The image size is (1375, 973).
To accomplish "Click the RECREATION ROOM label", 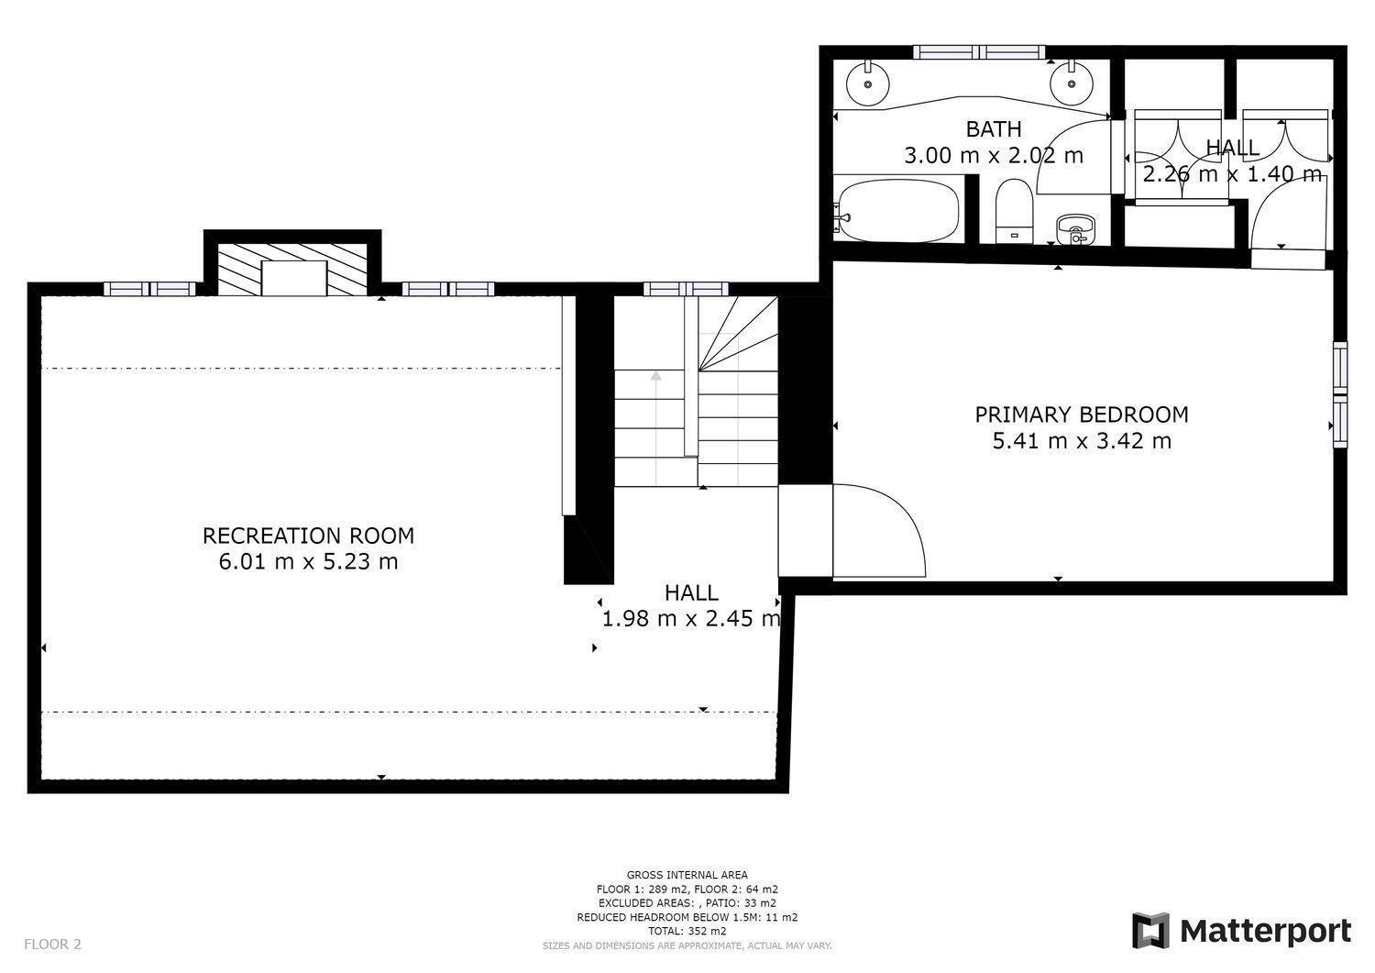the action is [308, 536].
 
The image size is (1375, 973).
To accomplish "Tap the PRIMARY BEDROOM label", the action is [1082, 415].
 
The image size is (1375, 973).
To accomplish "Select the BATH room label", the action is [994, 129].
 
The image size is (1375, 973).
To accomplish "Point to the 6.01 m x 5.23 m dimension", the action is [308, 561].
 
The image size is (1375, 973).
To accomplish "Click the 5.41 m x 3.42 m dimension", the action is [1082, 440].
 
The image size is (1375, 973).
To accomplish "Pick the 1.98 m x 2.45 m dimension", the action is [691, 618].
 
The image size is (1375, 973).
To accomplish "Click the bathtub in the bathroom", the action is [898, 210].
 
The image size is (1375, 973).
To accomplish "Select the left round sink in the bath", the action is [867, 83].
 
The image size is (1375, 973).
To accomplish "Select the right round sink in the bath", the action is [1072, 83].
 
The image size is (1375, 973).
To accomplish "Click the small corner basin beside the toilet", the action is [1075, 229].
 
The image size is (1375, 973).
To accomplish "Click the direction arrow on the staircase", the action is [656, 376].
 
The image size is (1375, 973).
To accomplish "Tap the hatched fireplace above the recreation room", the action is [292, 270].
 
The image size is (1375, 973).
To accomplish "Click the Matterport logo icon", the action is [1150, 931].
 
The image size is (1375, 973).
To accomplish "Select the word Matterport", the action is [1266, 932].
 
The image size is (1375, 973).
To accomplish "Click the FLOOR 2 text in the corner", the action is [53, 945].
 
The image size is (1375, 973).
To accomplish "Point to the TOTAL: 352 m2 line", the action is [687, 931].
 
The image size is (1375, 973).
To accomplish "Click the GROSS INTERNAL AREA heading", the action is [687, 875].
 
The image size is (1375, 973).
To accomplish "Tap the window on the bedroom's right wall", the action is [1340, 394].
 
